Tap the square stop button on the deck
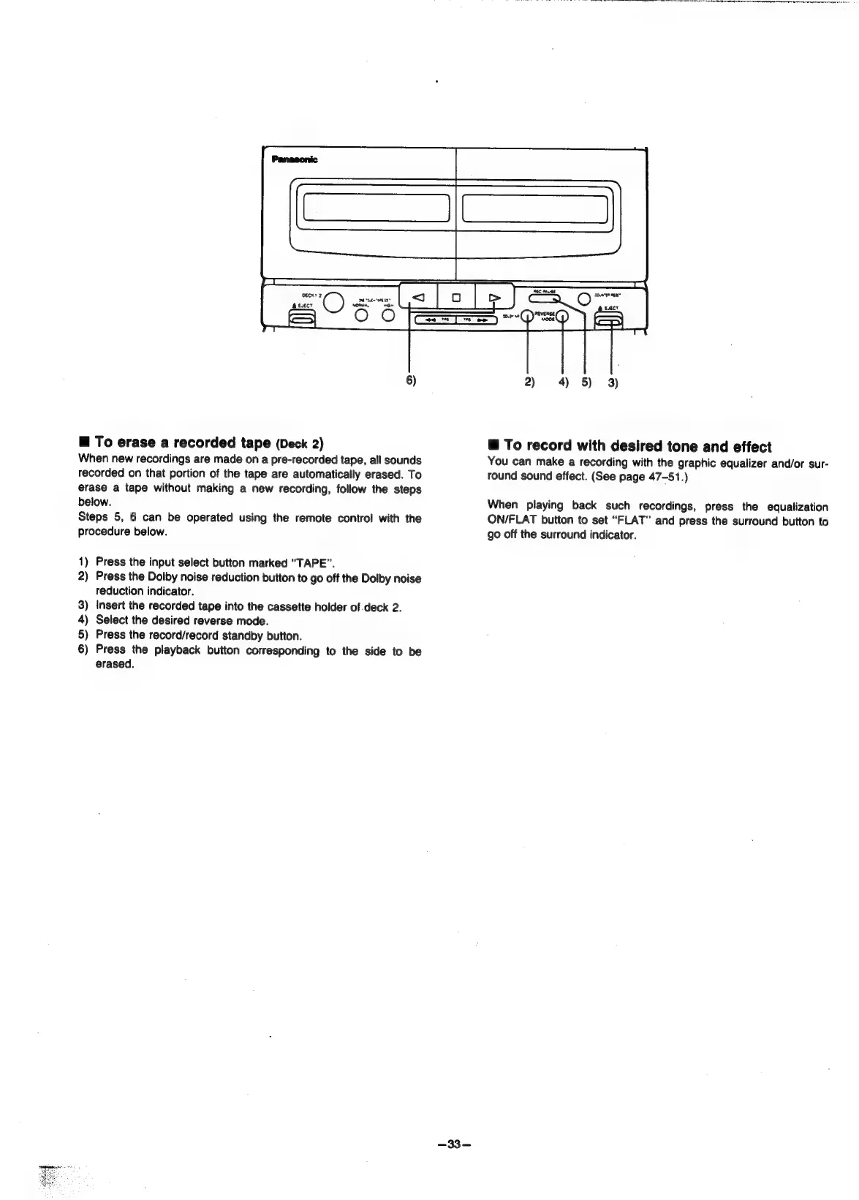[455, 298]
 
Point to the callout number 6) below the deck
[411, 381]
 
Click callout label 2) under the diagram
[529, 382]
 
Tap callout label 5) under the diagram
[587, 382]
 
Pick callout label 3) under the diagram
[612, 382]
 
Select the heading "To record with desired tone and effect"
[629, 446]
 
